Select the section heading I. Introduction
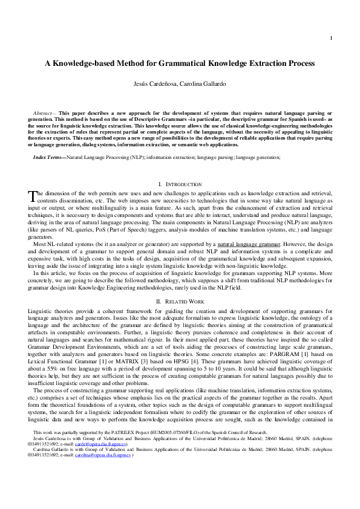(180, 183)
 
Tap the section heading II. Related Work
(180, 300)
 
